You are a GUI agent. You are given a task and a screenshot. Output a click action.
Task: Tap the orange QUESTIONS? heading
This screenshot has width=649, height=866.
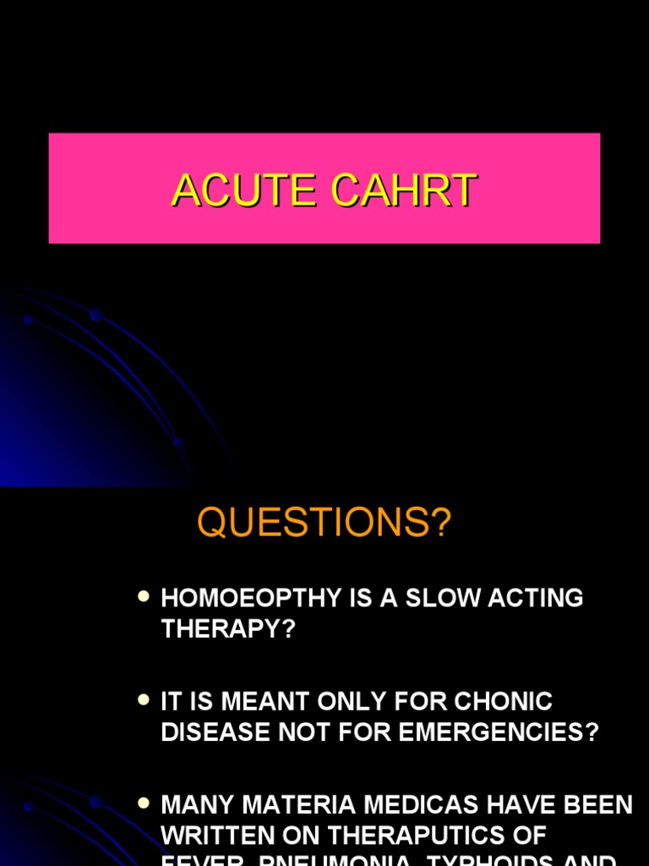click(324, 523)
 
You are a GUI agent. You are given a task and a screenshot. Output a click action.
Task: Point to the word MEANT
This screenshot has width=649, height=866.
click(257, 701)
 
